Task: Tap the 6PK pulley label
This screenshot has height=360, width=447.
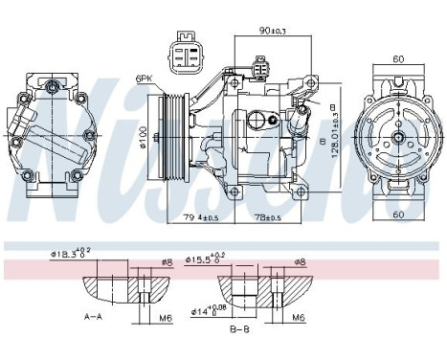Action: coord(145,79)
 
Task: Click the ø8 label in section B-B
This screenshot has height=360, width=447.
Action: coord(301,261)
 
